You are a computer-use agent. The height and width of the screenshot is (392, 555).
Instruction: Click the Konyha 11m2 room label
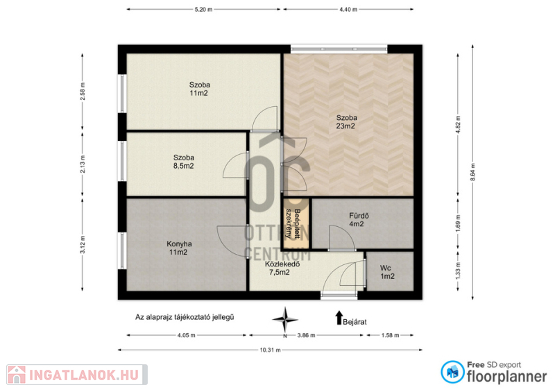[x=179, y=248]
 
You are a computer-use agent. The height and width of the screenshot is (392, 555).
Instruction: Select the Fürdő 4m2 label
[x=359, y=219]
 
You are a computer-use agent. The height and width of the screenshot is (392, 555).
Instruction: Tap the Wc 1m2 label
[x=387, y=272]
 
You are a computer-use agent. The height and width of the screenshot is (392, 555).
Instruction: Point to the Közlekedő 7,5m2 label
[x=282, y=268]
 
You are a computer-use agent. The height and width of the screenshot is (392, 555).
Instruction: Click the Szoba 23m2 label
[x=346, y=122]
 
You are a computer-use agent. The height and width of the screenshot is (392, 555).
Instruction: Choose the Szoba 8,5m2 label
[x=183, y=162]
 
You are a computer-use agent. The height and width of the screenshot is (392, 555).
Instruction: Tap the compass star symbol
[x=285, y=320]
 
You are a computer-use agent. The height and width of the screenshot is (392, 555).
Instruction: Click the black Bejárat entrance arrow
[x=339, y=318]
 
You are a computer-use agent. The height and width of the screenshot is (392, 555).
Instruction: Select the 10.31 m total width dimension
[x=270, y=350]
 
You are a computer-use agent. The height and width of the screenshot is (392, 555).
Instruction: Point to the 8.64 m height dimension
[x=472, y=173]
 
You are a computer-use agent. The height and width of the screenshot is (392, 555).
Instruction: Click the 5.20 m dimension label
[x=203, y=10]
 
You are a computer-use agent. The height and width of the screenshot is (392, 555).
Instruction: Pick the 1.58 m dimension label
[x=390, y=335]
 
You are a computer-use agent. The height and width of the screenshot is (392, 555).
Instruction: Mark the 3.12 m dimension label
[x=83, y=245]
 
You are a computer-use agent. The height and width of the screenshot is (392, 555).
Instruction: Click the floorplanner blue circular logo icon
[x=452, y=372]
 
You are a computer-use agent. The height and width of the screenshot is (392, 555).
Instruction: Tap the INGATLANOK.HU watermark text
[x=83, y=375]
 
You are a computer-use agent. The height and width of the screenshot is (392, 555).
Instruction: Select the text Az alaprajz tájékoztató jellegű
[x=185, y=317]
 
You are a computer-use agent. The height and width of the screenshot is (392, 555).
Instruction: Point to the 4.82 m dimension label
[x=458, y=123]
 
